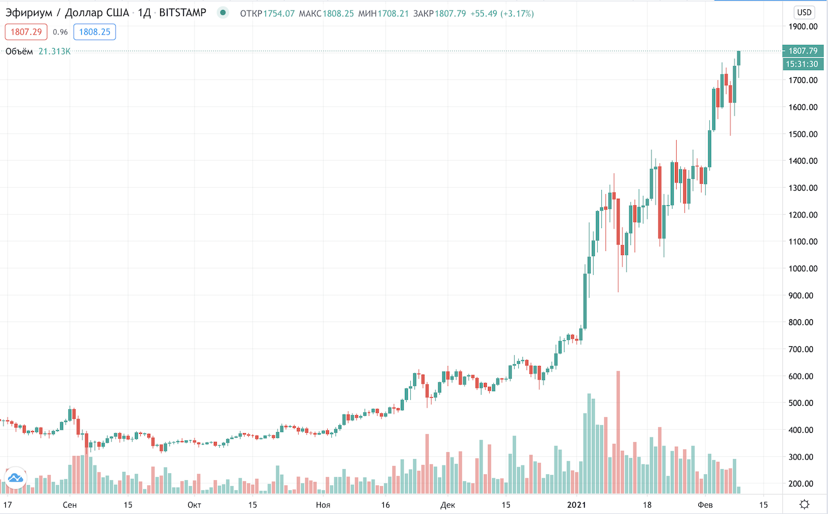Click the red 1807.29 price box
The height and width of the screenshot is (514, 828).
(26, 32)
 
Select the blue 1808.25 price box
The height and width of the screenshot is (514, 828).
(95, 32)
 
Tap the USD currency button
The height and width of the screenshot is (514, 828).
(804, 12)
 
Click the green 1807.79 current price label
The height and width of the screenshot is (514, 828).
(803, 51)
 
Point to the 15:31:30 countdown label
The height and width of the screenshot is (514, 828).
(802, 64)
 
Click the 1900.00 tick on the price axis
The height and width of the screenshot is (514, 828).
(803, 26)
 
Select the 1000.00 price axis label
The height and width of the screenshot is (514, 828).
(803, 268)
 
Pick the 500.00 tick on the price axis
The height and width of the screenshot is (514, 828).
(803, 403)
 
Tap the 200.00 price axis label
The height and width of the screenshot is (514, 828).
(803, 484)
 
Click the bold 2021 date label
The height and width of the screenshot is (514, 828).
(577, 505)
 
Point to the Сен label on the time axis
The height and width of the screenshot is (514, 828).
(70, 505)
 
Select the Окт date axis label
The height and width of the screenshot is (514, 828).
(195, 505)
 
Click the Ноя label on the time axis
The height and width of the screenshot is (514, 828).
(323, 505)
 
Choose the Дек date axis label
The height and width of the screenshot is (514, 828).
(448, 505)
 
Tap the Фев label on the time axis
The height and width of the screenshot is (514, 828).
(705, 505)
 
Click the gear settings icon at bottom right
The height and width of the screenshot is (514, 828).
(805, 504)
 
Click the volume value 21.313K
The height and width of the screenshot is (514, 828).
(54, 51)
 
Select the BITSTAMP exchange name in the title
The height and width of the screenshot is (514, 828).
(182, 13)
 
